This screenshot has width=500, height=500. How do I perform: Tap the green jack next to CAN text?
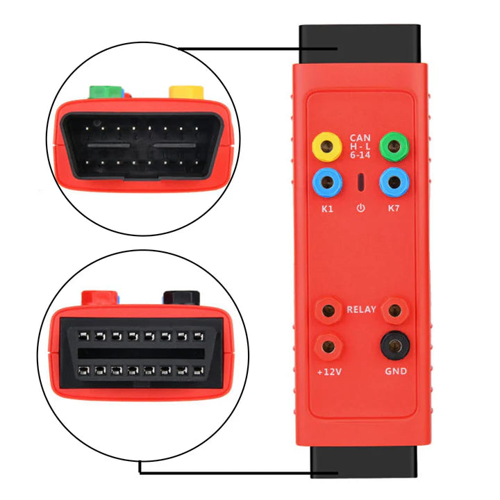[395, 147]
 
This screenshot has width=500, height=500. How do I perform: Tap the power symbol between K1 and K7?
[360, 208]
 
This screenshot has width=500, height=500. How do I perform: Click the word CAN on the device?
[360, 137]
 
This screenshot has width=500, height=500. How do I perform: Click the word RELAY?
[360, 310]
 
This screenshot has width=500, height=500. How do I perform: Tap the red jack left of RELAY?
[324, 310]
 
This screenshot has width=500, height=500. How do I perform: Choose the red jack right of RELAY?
[395, 310]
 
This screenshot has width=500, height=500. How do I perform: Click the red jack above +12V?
[324, 345]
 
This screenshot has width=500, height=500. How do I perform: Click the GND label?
[395, 372]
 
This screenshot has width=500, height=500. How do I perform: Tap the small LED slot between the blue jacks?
[360, 183]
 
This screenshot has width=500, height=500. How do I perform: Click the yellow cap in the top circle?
[186, 92]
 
